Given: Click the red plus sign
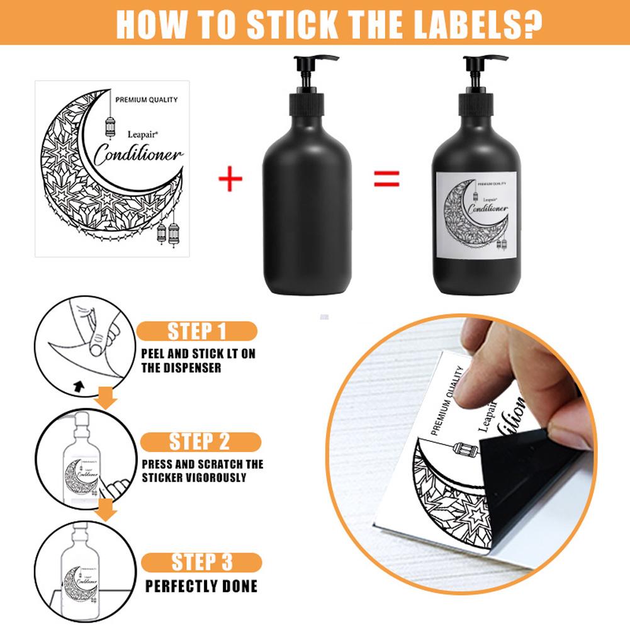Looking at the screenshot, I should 230,180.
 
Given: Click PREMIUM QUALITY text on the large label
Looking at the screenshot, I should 146,99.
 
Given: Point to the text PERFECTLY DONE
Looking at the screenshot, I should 201,587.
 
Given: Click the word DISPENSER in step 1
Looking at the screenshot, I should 181,368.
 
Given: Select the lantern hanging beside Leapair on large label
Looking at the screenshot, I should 110,127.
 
